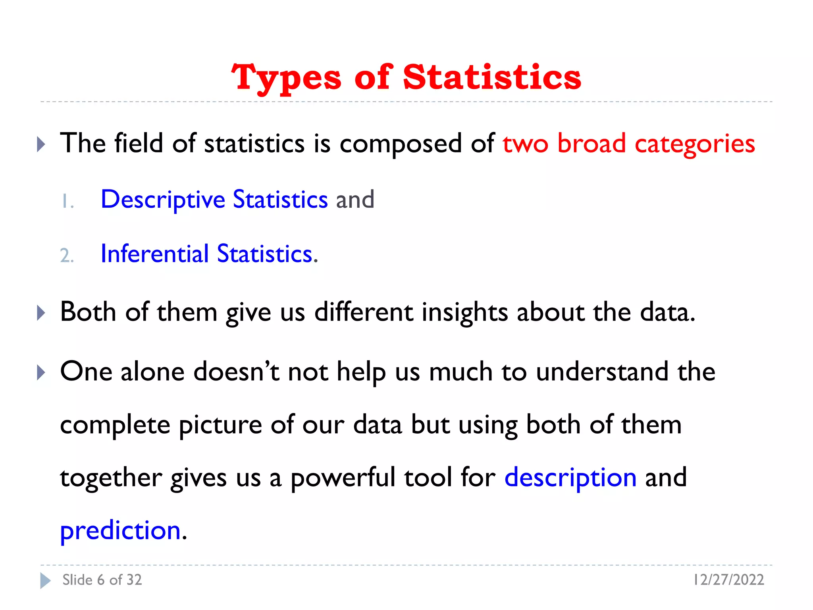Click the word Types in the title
point(286,78)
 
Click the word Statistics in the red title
point(492,77)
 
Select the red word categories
point(695,144)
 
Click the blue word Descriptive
point(163,200)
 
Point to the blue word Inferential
point(154,254)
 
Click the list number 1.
point(67,202)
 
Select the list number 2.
point(67,255)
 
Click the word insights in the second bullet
point(464,313)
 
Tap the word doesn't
point(237,372)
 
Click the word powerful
point(343,478)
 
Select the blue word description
point(570,478)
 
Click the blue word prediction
point(121,531)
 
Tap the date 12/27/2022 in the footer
point(728,580)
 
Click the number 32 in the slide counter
point(134,580)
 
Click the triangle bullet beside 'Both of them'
point(41,313)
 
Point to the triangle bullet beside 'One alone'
point(41,373)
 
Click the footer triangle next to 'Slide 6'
point(45,581)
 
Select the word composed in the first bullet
point(401,144)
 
